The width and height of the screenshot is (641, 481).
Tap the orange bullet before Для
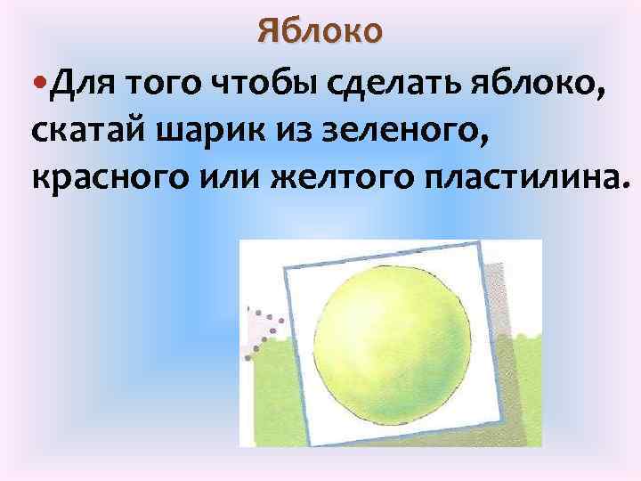pos(41,86)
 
